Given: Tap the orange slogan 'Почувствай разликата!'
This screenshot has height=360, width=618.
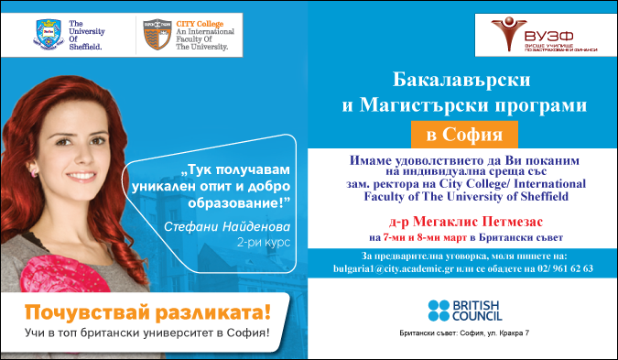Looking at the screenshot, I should coord(147,311).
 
